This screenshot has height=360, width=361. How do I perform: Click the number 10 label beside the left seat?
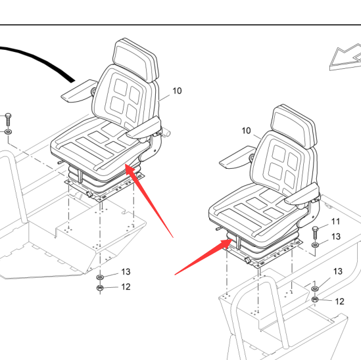177,91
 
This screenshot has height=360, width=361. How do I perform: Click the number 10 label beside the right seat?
246,131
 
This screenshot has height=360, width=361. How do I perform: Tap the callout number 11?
335,221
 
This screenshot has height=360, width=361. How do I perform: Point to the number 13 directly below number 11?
336,236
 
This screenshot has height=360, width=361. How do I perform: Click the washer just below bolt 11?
315,245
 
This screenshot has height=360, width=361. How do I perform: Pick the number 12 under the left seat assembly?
126,287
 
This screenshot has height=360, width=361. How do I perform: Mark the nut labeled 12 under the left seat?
100,288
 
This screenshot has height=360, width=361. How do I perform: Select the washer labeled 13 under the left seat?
100,277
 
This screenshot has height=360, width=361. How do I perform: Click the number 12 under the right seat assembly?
339,302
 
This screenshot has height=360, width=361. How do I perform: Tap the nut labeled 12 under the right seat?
315,300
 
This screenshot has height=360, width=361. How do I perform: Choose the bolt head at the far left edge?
8,115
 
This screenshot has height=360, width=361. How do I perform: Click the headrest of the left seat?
136,60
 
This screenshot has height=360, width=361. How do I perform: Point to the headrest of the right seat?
294,126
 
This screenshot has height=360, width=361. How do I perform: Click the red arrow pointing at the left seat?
149,200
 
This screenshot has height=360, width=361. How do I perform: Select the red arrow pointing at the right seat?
204,256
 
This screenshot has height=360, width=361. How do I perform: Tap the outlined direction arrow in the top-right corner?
345,57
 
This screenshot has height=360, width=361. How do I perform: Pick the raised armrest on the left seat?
79,91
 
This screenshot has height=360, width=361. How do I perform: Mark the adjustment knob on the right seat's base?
248,261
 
